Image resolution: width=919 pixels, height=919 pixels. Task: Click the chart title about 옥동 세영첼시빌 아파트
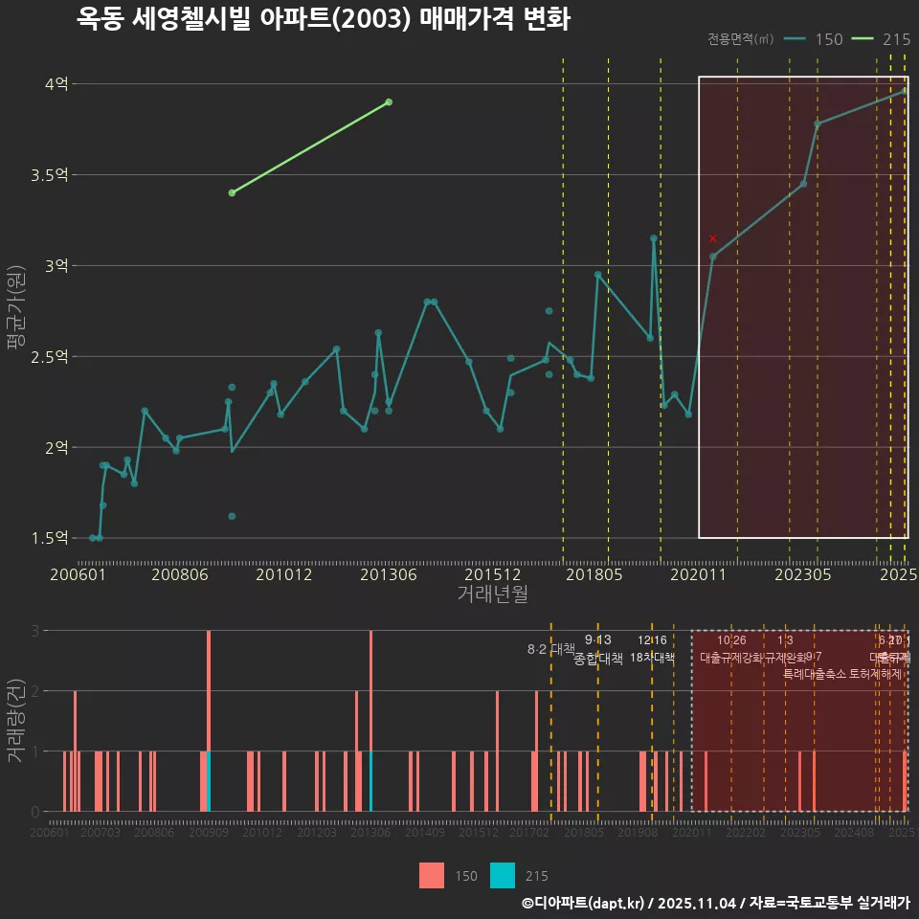coord(324,19)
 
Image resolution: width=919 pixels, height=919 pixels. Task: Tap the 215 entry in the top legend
coord(895,39)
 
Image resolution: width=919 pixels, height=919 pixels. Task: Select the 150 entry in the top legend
coord(828,39)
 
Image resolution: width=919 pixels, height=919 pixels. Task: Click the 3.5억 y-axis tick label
coord(50,175)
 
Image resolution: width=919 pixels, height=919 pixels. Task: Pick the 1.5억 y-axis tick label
coord(50,538)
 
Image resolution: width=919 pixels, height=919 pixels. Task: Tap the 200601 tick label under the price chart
coord(78,574)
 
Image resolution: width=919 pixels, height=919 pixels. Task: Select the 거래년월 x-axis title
coord(492,594)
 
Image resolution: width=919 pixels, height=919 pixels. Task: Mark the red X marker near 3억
coord(712,238)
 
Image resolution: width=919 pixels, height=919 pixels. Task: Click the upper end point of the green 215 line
coord(389,101)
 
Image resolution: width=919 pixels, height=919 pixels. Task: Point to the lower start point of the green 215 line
coord(232,192)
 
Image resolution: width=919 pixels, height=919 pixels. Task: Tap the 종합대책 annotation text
coord(598,659)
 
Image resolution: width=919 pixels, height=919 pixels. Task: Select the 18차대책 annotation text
coord(652,658)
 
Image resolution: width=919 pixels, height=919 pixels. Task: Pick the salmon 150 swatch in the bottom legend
coord(431,875)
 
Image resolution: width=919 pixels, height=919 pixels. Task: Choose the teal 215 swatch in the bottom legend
coord(503,875)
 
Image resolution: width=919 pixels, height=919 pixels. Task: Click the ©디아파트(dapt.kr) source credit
coord(585,903)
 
